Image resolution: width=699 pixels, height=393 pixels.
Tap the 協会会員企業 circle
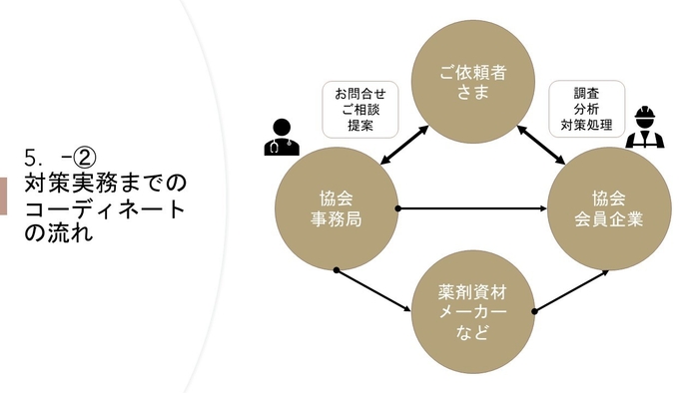click(608, 207)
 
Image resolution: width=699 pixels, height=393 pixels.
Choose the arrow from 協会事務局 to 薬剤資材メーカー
click(375, 290)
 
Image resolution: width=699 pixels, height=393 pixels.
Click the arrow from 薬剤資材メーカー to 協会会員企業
click(570, 290)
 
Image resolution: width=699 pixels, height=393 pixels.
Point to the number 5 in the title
click(31, 158)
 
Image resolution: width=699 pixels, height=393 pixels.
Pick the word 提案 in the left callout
click(359, 127)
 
